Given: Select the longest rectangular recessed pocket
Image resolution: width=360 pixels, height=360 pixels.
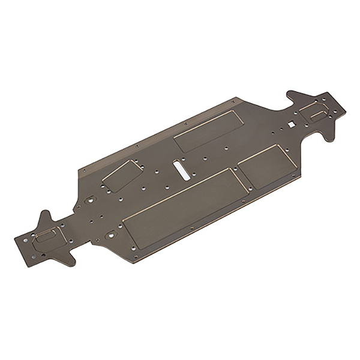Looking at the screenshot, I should pos(182,204).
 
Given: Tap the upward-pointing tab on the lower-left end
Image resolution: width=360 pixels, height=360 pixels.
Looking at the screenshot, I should pos(46,218).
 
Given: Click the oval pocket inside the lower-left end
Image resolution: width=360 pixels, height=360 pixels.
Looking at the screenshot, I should pos(49,238).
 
